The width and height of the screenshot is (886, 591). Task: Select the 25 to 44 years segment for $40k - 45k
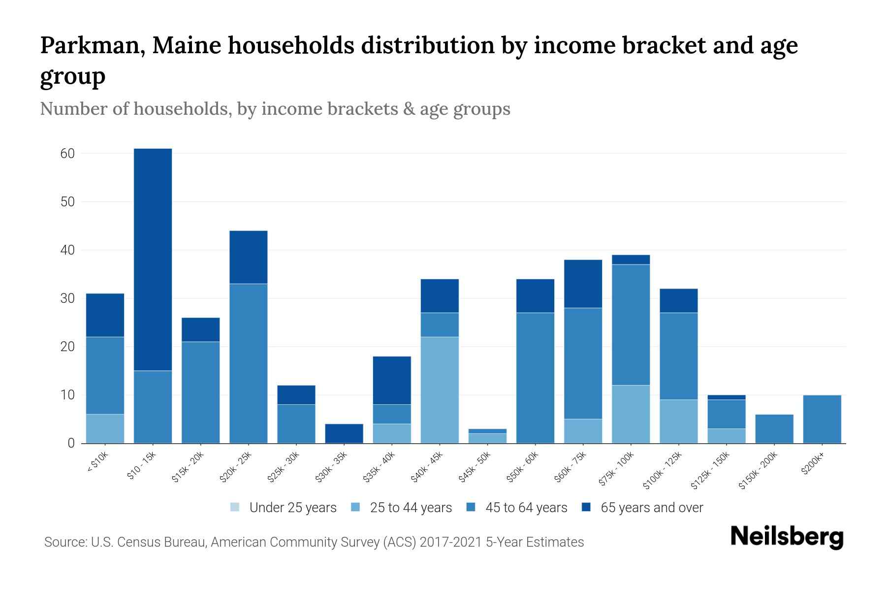440,390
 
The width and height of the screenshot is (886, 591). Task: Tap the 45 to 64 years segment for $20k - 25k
249,363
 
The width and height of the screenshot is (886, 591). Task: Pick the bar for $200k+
822,419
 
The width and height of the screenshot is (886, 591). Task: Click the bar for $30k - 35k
344,433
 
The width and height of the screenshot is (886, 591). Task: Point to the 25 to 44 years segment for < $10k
105,428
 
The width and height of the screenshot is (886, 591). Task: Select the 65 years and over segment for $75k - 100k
631,260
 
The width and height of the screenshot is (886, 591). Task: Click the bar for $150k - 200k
774,429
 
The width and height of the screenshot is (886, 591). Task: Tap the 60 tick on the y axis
68,154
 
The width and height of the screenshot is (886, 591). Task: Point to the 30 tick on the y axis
68,298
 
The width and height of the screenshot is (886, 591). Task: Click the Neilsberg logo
787,537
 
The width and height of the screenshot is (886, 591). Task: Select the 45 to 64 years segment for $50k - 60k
535,378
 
